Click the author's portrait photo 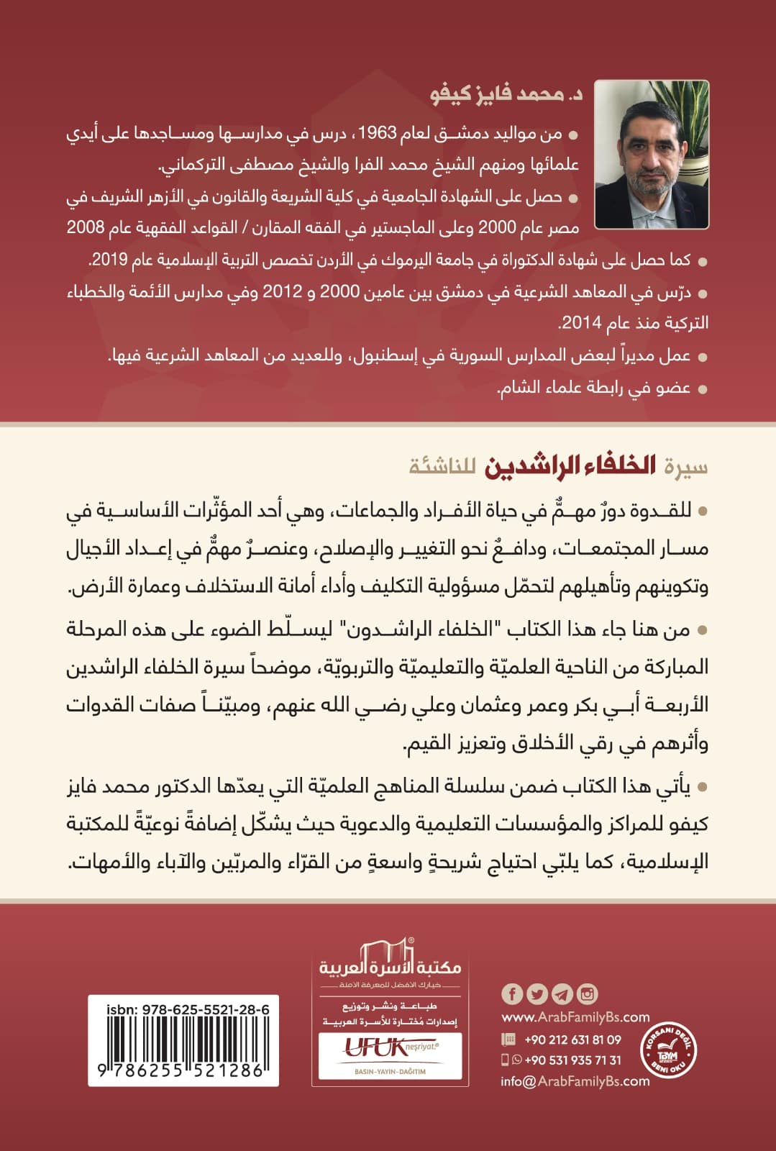(x=652, y=154)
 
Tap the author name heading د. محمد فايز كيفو (x=506, y=95)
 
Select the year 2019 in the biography (x=110, y=260)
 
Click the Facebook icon (x=511, y=993)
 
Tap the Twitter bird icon (x=537, y=993)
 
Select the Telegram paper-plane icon (x=562, y=993)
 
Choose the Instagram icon (x=588, y=993)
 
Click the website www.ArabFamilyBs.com (x=575, y=1017)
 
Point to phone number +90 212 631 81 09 (x=572, y=1039)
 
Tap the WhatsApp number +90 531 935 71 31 (x=572, y=1060)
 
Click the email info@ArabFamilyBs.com (x=575, y=1081)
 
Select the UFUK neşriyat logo (x=391, y=1046)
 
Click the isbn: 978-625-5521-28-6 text (x=188, y=1009)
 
